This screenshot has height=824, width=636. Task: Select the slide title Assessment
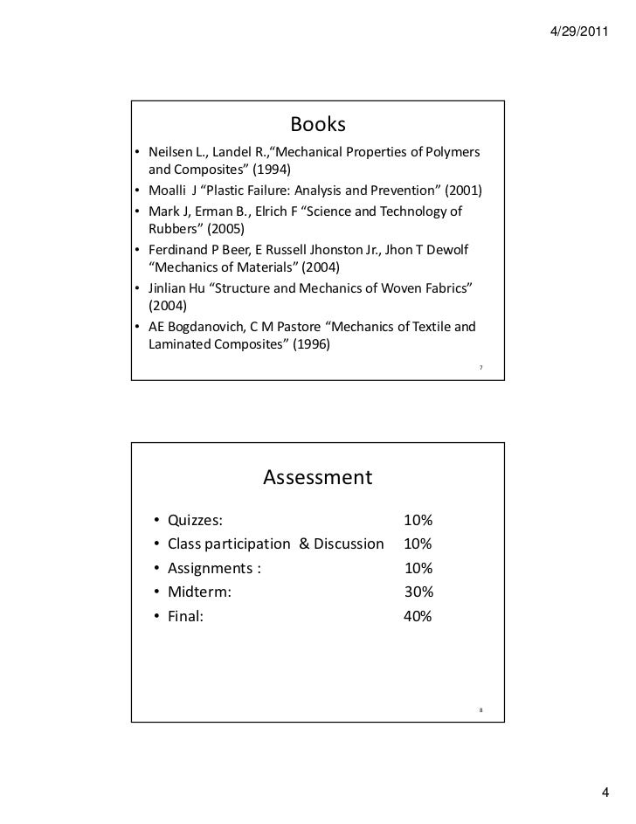tap(317, 477)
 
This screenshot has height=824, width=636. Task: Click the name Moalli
tap(167, 190)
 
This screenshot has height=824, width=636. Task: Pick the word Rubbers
tap(176, 230)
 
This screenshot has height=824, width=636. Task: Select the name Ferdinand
tap(182, 251)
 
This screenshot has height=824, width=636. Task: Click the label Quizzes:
tap(195, 521)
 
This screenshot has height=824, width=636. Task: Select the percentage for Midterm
tap(418, 592)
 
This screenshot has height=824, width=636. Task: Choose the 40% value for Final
tap(418, 616)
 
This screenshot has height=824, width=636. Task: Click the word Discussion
tap(349, 544)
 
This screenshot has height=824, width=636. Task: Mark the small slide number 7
tap(480, 367)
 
